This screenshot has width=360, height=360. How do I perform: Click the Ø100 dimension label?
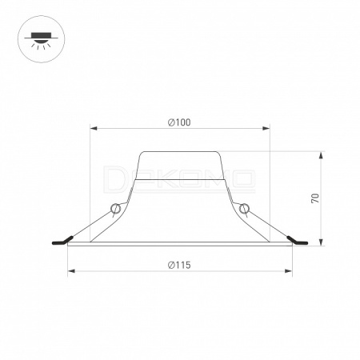[x=179, y=122]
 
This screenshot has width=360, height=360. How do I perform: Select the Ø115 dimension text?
[x=179, y=265]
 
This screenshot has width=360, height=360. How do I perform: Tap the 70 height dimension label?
[x=315, y=198]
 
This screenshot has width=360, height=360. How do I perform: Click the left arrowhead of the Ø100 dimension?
[x=94, y=129]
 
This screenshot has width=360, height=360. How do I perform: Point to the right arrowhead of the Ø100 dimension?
[x=266, y=129]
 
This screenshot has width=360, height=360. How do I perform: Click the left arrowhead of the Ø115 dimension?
[x=71, y=271]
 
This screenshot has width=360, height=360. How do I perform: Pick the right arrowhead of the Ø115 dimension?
[x=289, y=271]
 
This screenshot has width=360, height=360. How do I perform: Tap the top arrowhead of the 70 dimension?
[x=321, y=155]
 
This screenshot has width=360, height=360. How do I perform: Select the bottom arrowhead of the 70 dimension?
[x=321, y=242]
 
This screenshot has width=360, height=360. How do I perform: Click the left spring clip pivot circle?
[x=115, y=208]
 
